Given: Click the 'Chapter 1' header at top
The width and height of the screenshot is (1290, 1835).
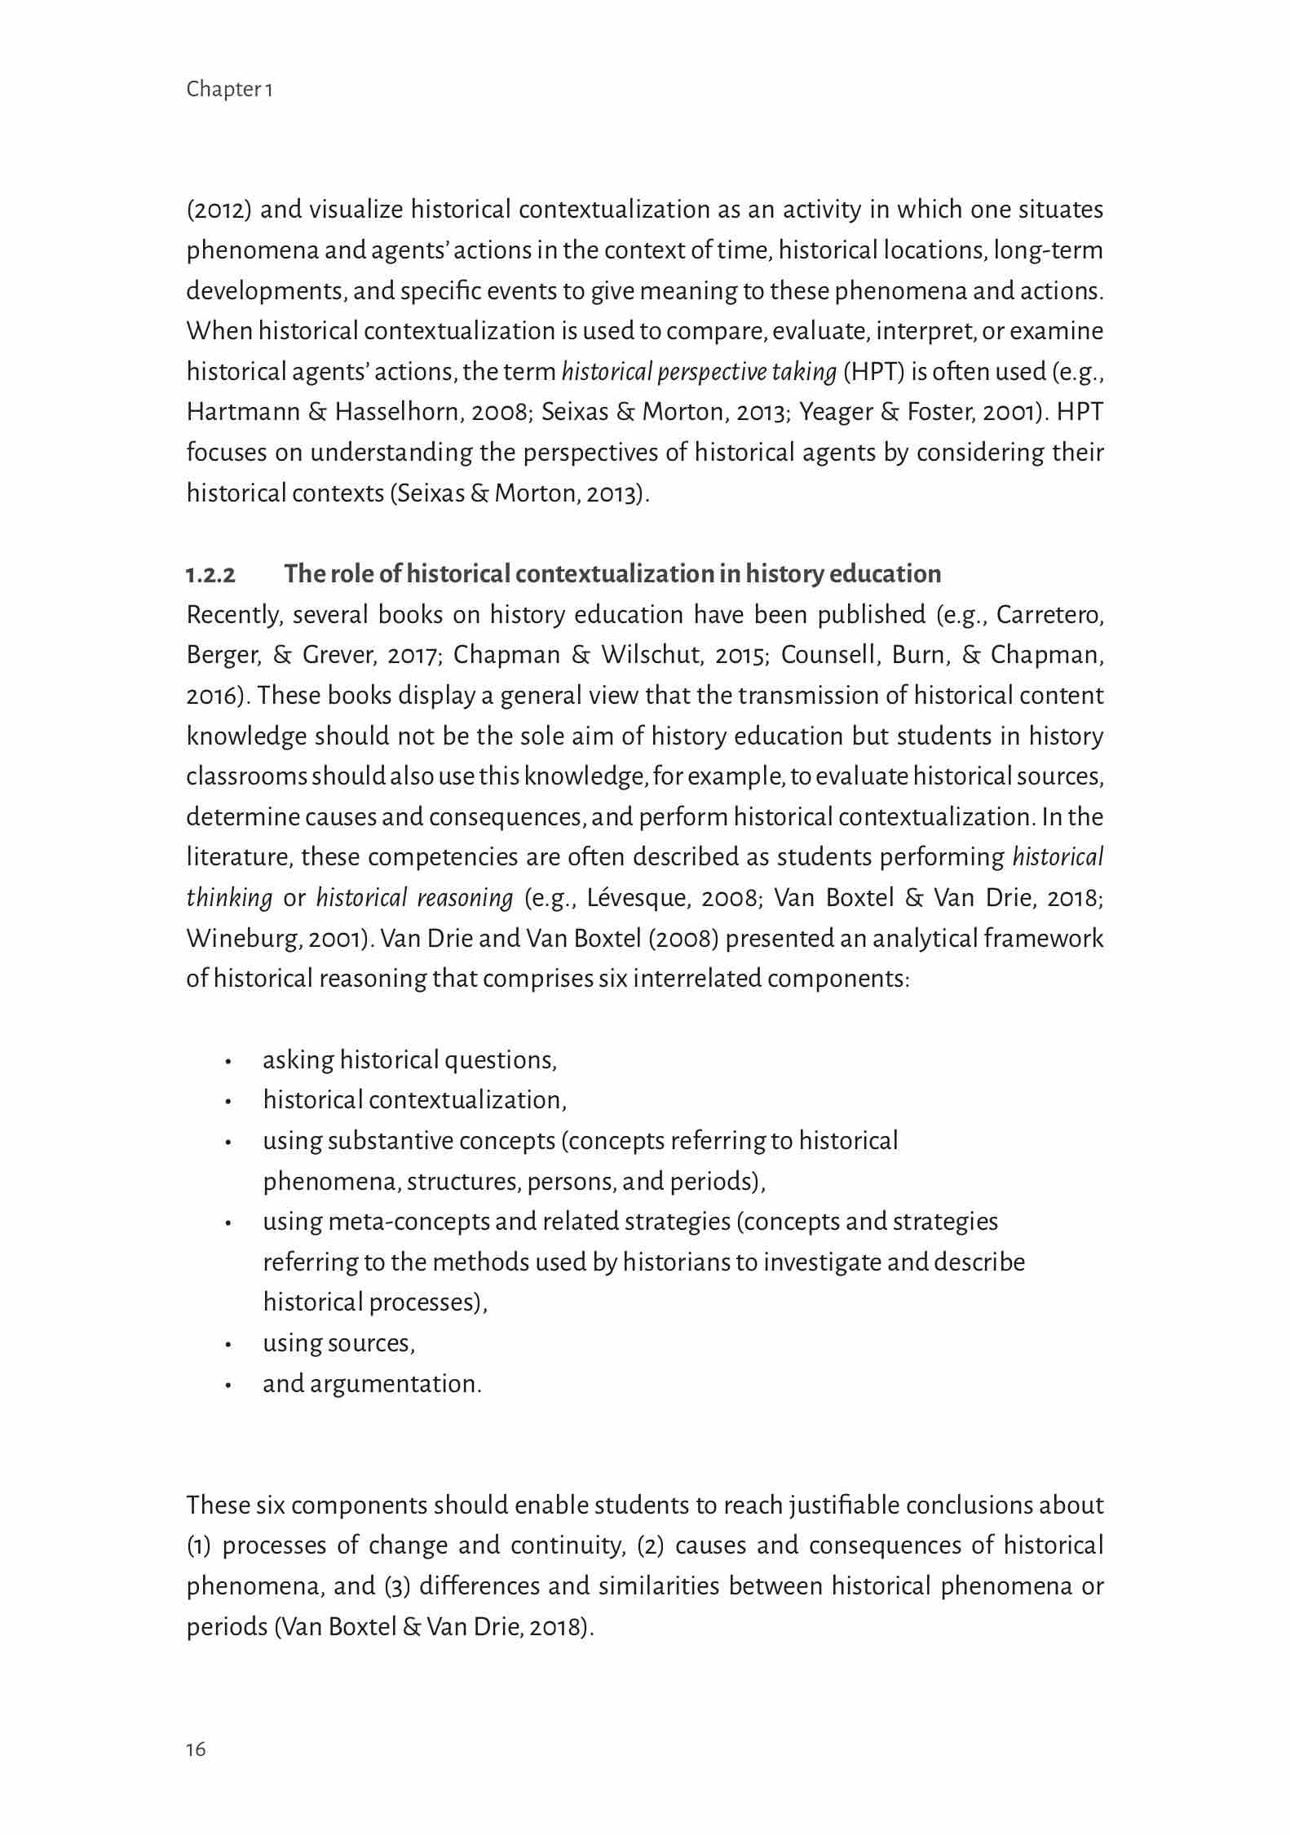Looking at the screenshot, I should [229, 89].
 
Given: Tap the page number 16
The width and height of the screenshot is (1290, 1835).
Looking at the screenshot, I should [197, 1749].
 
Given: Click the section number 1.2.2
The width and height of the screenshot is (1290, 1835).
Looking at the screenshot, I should [210, 575].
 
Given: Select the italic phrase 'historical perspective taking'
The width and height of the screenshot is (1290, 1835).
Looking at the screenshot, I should [699, 372].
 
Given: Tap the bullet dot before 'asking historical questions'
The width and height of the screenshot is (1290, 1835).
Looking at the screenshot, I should [230, 1063].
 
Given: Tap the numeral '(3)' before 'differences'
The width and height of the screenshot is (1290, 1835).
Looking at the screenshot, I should [396, 1586].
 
